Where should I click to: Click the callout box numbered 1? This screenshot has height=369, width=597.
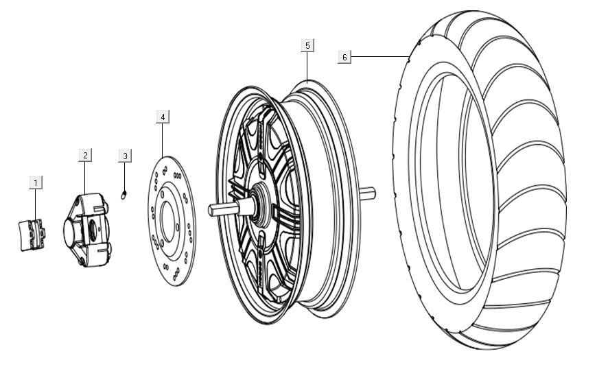[x=36, y=182]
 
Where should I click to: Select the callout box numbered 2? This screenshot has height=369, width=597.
[x=84, y=155]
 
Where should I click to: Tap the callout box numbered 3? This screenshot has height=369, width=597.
[x=124, y=156]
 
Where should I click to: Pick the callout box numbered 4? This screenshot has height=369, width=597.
[x=162, y=117]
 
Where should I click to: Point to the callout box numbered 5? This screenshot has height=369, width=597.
[x=307, y=45]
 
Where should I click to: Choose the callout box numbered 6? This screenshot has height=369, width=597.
[x=344, y=57]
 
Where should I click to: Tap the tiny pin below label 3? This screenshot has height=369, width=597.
[x=124, y=195]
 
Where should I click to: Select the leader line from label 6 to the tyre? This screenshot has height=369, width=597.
[x=381, y=56]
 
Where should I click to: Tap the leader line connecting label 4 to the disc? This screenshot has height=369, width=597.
[x=162, y=140]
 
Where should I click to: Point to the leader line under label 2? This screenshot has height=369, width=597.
[x=84, y=178]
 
